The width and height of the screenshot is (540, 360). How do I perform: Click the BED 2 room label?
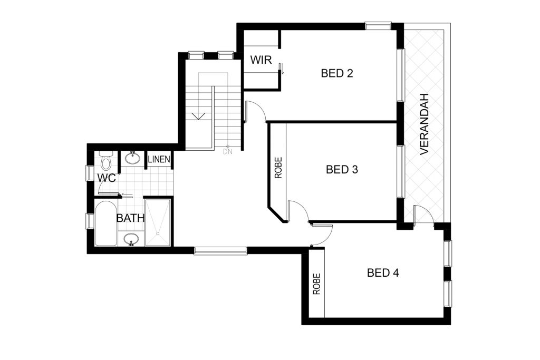click(x=337, y=73)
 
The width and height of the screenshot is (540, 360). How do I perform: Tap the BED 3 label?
click(x=342, y=169)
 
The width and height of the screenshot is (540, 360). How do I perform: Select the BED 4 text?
click(x=383, y=273)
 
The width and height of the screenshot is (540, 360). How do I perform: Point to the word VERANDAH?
click(x=425, y=124)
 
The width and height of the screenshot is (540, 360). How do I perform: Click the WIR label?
click(x=261, y=60)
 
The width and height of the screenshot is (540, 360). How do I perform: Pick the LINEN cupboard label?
click(x=159, y=159)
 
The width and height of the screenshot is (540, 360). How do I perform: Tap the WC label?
click(x=107, y=178)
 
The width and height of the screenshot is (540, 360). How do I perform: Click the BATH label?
click(x=131, y=218)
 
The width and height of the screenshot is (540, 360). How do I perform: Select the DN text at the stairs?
click(x=228, y=151)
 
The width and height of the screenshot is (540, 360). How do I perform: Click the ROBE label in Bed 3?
click(x=278, y=168)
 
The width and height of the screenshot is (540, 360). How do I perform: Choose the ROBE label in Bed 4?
click(x=317, y=284)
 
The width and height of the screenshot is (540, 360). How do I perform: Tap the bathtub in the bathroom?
click(x=105, y=223)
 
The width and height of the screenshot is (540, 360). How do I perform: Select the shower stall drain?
click(x=157, y=233)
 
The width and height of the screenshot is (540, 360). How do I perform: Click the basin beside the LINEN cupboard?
click(x=132, y=158)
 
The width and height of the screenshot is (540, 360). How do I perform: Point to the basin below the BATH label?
click(x=131, y=239)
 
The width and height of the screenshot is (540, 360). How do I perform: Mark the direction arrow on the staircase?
click(x=198, y=116)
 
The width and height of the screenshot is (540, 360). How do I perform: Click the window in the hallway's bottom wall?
click(x=220, y=250)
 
